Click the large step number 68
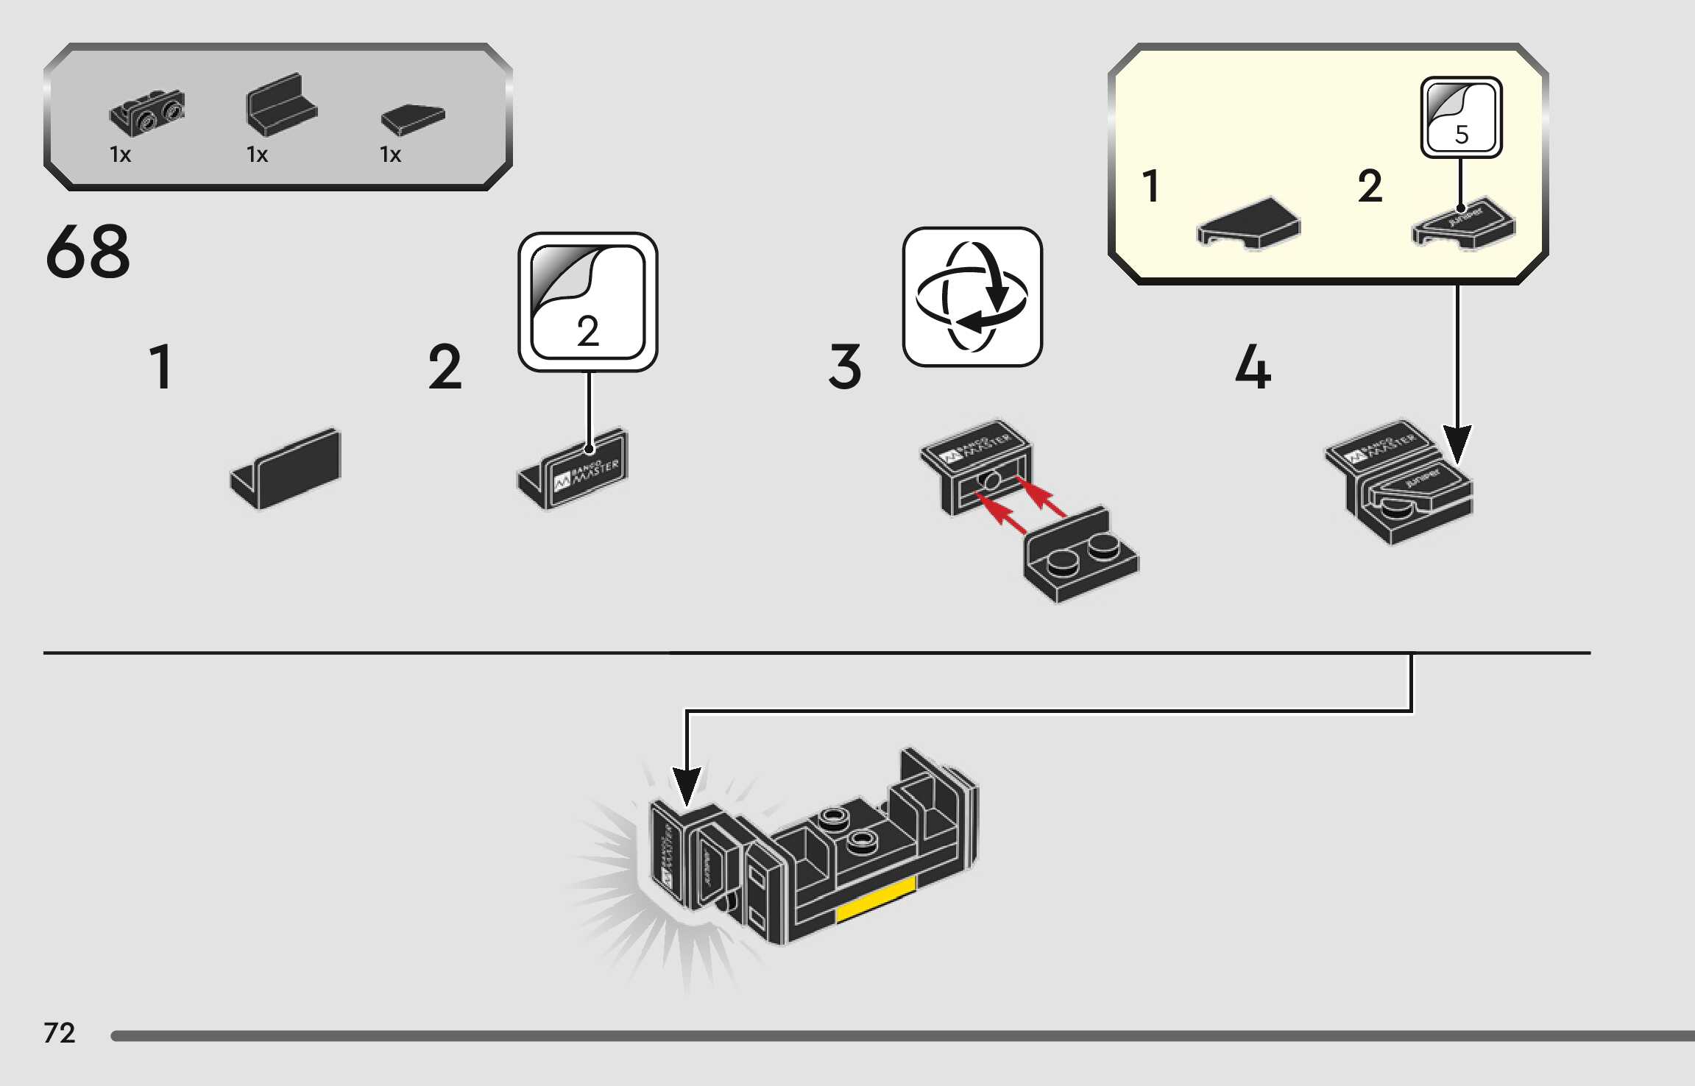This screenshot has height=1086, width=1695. point(88,252)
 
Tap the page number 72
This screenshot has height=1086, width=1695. point(60,1033)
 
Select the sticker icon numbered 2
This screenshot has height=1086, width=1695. point(587,302)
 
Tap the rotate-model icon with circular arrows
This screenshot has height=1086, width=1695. point(972,297)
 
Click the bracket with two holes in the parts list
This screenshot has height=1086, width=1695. point(147,112)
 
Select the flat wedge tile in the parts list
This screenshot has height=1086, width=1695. point(413,118)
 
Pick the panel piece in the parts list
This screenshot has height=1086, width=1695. point(281,106)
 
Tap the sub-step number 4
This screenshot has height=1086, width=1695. point(1253,368)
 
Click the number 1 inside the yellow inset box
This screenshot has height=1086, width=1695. point(1151,185)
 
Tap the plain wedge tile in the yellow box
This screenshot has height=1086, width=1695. point(1249,222)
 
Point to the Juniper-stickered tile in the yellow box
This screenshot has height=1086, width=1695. point(1463,222)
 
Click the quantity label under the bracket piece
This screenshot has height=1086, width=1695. point(120,155)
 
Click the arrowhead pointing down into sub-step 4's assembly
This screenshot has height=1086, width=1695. point(1457,443)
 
